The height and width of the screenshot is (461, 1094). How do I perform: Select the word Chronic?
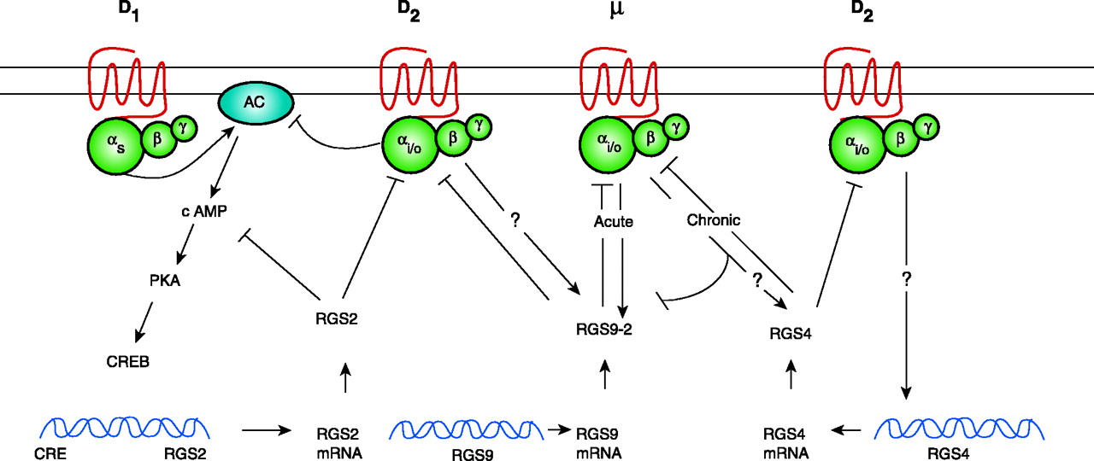(714, 219)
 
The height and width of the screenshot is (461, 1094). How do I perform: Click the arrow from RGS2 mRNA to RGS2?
(344, 378)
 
